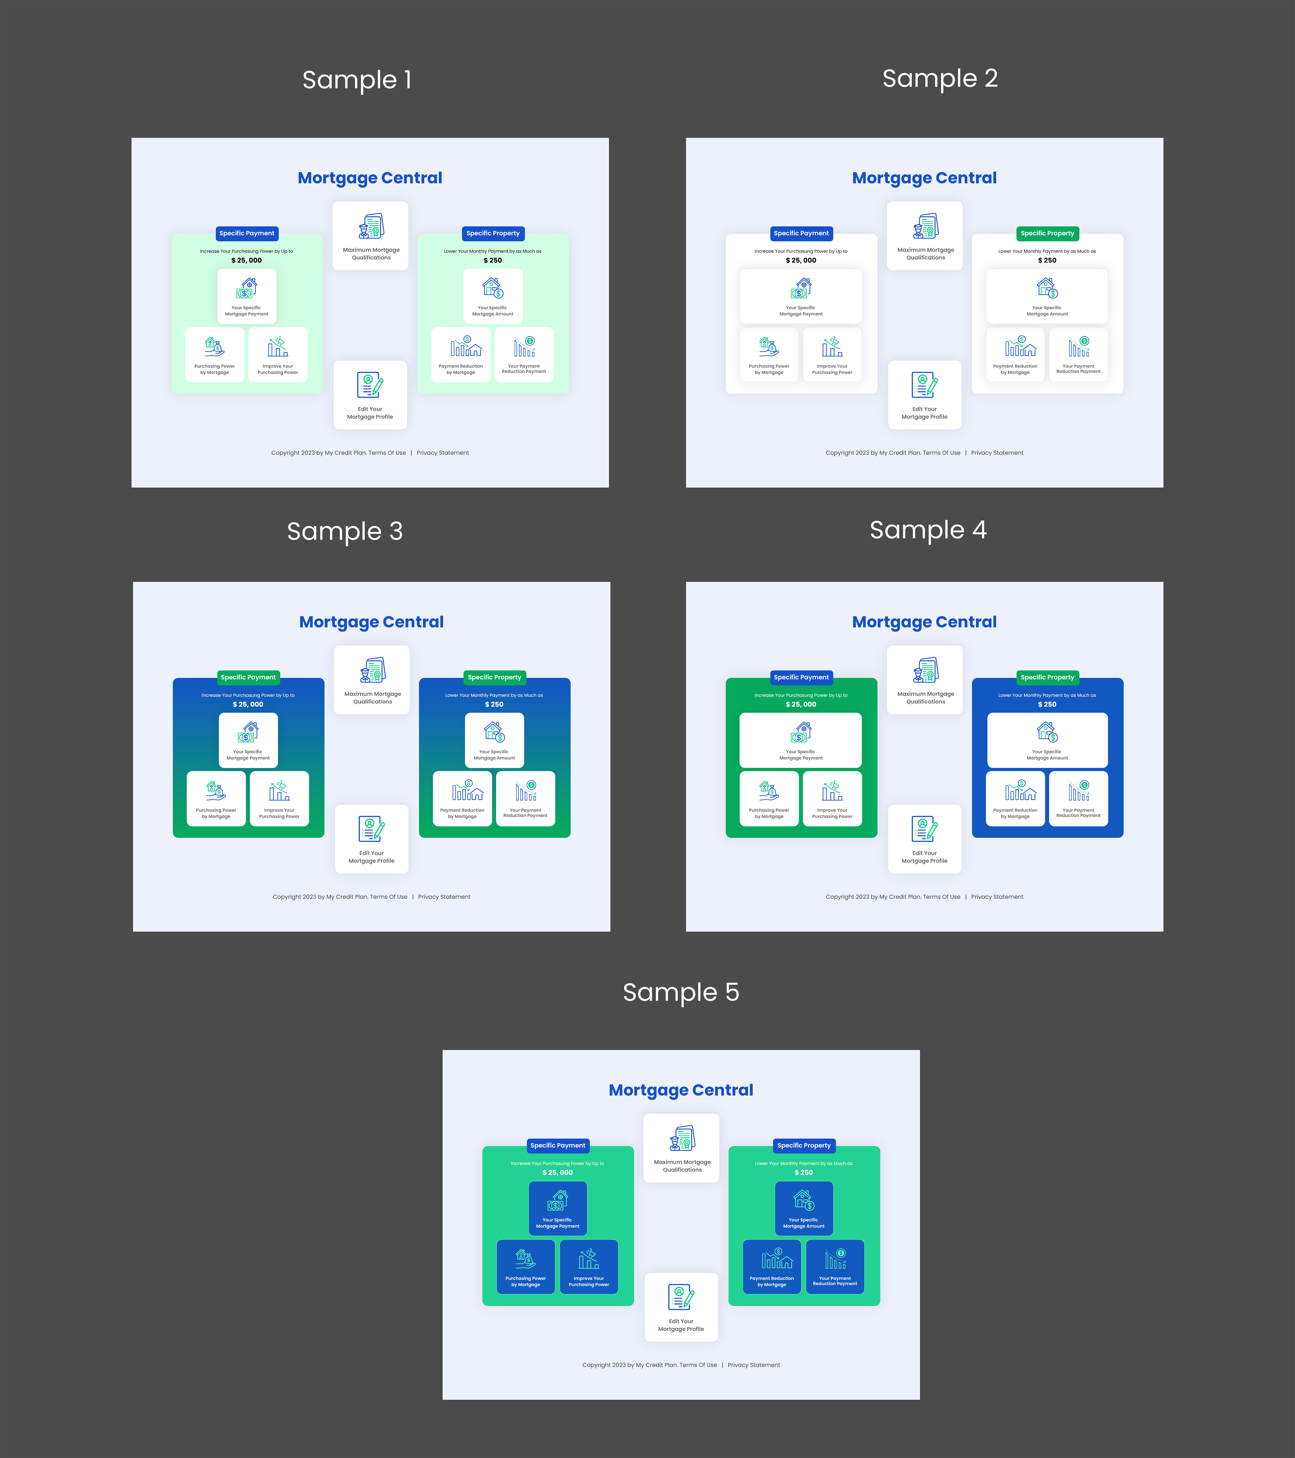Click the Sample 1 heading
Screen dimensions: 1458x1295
coord(356,80)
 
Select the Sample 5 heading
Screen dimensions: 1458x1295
coord(681,992)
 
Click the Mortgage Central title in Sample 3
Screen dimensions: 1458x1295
coord(372,622)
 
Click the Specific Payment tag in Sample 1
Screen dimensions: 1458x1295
coord(247,233)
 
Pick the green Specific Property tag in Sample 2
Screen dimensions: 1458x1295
coord(1047,233)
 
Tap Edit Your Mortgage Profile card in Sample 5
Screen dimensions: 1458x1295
coord(681,1307)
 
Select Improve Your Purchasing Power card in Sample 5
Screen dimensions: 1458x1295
coord(589,1267)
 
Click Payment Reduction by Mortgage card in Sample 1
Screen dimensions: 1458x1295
coord(461,355)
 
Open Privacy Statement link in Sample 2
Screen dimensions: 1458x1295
coord(997,453)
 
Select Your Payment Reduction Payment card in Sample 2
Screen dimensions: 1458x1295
coord(1078,355)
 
